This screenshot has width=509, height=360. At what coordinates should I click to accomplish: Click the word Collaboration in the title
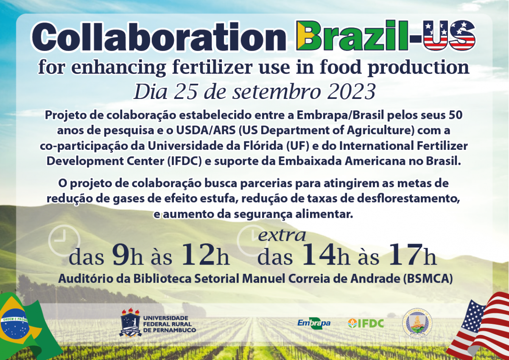[x=159, y=37]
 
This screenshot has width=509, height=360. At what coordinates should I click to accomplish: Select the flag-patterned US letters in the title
[x=449, y=36]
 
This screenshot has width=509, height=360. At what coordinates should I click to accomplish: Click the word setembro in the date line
[x=276, y=92]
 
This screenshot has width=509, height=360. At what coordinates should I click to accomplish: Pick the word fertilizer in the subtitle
[x=212, y=67]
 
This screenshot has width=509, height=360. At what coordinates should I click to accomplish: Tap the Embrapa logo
[x=314, y=323]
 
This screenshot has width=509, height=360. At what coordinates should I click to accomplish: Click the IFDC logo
[x=366, y=323]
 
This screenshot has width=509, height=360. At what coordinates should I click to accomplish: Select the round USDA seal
[x=417, y=323]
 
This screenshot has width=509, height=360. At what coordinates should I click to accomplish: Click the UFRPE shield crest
[x=131, y=323]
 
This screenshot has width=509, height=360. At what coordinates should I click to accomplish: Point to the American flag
[x=479, y=326]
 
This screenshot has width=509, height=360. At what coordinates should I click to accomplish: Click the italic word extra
[x=282, y=236]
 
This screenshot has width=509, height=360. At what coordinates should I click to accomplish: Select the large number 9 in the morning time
[x=120, y=255]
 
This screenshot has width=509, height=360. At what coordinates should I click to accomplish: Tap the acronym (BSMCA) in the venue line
[x=428, y=278]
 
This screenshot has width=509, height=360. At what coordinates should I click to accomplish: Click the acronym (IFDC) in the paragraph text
[x=185, y=161]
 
